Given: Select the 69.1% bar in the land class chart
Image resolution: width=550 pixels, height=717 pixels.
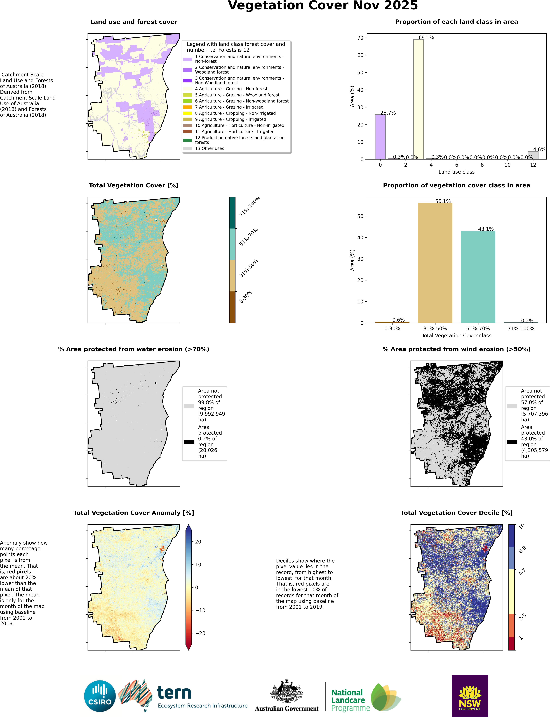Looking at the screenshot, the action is [x=418, y=99].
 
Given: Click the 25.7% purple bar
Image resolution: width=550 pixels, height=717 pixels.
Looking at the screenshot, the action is [x=380, y=137].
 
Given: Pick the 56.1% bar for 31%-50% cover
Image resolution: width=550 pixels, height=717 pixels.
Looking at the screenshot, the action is [x=435, y=263].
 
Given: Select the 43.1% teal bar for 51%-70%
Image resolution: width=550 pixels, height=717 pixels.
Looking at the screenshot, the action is [x=478, y=277].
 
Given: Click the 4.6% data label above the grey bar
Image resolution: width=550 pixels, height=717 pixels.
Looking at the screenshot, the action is [x=539, y=149].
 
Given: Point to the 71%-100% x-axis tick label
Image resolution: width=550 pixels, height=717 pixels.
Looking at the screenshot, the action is [x=521, y=329].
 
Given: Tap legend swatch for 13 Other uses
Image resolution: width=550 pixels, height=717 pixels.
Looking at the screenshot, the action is [x=188, y=148].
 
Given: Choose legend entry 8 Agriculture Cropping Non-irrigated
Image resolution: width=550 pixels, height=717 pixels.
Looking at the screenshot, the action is [x=235, y=113].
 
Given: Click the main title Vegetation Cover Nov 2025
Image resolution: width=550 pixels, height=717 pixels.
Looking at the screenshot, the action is [x=323, y=6].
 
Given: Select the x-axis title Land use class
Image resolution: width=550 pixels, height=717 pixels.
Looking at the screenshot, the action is [x=456, y=172].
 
